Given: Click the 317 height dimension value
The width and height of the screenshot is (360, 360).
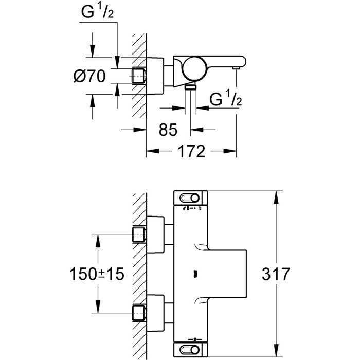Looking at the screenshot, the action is pyautogui.click(x=276, y=274).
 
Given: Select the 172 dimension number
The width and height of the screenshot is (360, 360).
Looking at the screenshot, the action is pyautogui.click(x=191, y=151).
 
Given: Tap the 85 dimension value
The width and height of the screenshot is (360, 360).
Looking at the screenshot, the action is pyautogui.click(x=168, y=130).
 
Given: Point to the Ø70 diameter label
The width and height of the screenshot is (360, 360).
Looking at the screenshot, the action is pyautogui.click(x=89, y=76).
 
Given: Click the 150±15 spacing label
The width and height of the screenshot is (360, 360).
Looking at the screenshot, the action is pyautogui.click(x=97, y=274).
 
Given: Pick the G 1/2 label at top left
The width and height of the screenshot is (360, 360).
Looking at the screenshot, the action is pyautogui.click(x=97, y=11).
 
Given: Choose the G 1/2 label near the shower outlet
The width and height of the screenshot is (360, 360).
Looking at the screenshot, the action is pyautogui.click(x=225, y=98).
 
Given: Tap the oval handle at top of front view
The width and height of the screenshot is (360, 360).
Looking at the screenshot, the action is pyautogui.click(x=190, y=198).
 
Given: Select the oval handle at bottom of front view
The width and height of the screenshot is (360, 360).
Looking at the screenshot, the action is pyautogui.click(x=190, y=350).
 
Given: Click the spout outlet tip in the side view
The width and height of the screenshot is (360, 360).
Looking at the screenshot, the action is pyautogui.click(x=236, y=68).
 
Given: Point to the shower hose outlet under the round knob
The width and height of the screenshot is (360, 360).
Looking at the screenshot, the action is pyautogui.click(x=191, y=86).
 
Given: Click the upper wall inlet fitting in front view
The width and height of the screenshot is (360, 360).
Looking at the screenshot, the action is pyautogui.click(x=139, y=235).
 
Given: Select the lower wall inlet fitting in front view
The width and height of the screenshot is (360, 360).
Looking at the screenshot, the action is pyautogui.click(x=139, y=313).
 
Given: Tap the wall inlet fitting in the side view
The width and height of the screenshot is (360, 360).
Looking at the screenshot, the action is pyautogui.click(x=139, y=76).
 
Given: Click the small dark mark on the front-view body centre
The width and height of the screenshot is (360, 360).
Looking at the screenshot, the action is pyautogui.click(x=196, y=274).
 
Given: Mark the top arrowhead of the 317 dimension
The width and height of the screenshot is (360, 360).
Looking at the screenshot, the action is pyautogui.click(x=277, y=197).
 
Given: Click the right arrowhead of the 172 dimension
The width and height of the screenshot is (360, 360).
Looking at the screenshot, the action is pyautogui.click(x=230, y=151).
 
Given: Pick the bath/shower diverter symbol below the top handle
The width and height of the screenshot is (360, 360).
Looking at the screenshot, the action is pyautogui.click(x=192, y=208).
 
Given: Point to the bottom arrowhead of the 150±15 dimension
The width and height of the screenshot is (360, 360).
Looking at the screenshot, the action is pyautogui.click(x=98, y=307).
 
